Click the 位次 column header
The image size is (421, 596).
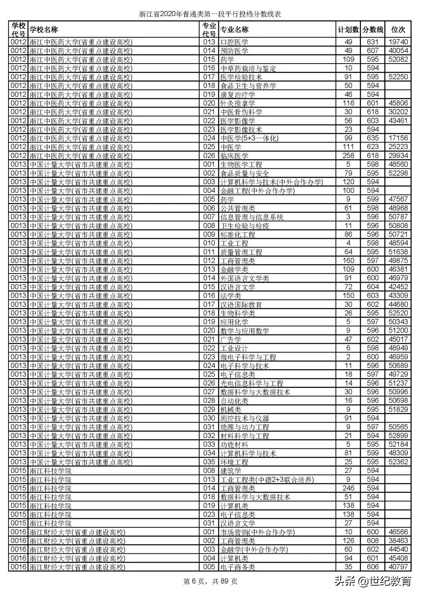point(398,30)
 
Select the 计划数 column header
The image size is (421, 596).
point(348,30)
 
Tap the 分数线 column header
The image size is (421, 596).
point(373,30)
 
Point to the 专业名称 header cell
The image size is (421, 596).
point(235,30)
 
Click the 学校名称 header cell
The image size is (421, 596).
point(44,30)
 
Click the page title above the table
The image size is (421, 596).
point(210,14)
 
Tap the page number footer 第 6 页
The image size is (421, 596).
point(210,582)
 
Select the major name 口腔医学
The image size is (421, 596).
point(234,42)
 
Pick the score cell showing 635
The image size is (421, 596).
point(373,138)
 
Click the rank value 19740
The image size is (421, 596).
point(398,42)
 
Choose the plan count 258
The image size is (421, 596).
point(348,156)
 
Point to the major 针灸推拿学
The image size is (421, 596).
point(238,103)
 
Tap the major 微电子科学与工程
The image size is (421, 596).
point(248,357)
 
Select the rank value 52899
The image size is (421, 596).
point(398,436)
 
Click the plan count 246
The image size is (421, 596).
point(348,488)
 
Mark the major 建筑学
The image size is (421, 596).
point(231,471)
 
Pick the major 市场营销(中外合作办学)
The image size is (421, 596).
point(258,532)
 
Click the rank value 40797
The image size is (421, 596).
point(398,567)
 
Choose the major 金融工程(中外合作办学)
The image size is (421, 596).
point(258,191)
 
